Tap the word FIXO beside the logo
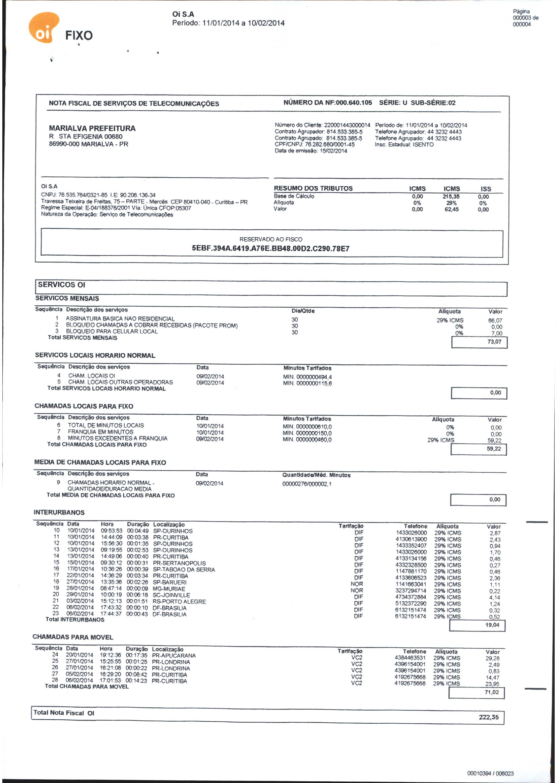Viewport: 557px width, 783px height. coord(79,36)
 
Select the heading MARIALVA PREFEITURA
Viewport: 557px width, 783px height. coord(92,128)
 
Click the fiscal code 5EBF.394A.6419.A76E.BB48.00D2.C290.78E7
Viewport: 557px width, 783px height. coord(270,249)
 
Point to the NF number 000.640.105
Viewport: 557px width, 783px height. coord(354,103)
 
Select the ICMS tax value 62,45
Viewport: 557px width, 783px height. coord(451,209)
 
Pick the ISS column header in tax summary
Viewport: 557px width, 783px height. coord(485,189)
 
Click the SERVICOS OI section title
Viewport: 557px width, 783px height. coord(62,285)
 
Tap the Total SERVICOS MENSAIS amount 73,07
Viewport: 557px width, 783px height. coord(494,341)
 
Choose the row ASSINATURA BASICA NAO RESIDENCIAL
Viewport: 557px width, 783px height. coord(120,319)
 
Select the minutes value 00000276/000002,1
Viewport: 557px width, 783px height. coord(307,484)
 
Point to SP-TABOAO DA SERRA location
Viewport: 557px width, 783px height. coord(183,570)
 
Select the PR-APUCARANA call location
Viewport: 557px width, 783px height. coord(173,656)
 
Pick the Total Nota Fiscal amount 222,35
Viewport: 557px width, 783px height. coord(488,717)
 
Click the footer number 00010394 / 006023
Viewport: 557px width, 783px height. coord(490,773)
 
